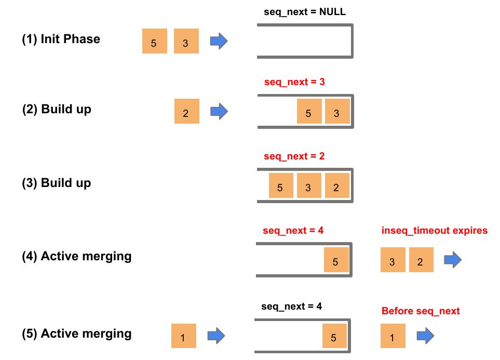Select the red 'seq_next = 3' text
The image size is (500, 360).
click(294, 82)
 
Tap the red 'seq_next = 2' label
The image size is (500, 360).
click(294, 156)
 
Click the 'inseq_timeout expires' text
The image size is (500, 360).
click(435, 230)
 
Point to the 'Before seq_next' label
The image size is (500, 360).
click(421, 311)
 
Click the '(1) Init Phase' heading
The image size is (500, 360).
click(61, 39)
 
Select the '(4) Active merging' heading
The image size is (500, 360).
click(76, 256)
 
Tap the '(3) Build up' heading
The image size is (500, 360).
click(56, 183)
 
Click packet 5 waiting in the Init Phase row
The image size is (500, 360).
click(154, 42)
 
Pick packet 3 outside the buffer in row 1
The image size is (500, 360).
click(186, 42)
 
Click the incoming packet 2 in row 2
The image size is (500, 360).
click(186, 111)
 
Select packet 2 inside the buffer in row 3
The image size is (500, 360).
click(336, 185)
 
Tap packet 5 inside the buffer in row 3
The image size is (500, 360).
click(280, 185)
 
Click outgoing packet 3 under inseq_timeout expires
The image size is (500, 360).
click(393, 260)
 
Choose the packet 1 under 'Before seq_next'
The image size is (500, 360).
click(393, 336)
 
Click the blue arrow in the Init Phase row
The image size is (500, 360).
click(219, 41)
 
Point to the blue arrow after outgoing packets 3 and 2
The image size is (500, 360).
click(453, 260)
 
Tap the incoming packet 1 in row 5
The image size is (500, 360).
click(183, 336)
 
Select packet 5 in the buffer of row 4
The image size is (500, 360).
click(336, 260)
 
